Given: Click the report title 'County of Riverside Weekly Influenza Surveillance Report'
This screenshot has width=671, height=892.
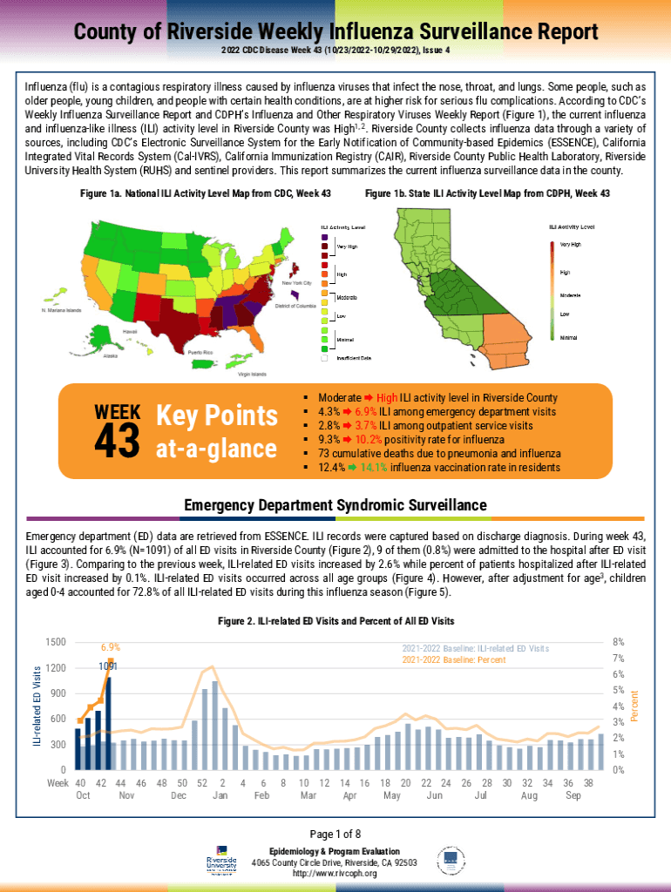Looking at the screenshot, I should click(335, 32).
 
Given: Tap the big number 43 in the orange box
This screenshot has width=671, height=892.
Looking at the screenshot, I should click(117, 442).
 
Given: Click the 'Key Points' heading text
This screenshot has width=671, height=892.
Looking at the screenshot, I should click(216, 416).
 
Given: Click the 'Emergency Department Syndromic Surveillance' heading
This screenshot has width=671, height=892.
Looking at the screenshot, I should click(335, 505).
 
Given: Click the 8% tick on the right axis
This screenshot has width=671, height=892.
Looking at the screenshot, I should click(619, 642).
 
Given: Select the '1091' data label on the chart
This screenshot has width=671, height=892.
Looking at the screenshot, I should click(108, 666).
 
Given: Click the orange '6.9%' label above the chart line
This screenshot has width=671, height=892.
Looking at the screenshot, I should click(111, 647).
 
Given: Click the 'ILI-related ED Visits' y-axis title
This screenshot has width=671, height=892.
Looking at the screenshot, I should click(37, 706).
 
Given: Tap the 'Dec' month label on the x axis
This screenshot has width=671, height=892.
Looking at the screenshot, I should click(179, 796).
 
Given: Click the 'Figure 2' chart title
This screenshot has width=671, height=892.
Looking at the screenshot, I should click(335, 621).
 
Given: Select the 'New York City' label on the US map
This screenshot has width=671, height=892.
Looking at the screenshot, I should click(296, 283).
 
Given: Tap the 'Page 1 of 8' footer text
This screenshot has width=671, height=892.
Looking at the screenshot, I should click(335, 834).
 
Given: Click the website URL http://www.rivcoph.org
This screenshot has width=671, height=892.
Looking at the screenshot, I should click(335, 873).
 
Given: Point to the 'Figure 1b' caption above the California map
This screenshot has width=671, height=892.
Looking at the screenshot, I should click(487, 193).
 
